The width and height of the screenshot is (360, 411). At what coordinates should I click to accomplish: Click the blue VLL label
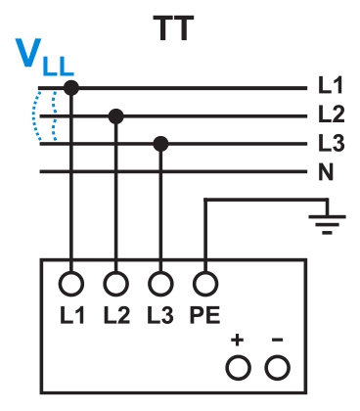[44, 62]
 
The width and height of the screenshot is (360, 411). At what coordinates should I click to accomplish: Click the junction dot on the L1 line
[70, 88]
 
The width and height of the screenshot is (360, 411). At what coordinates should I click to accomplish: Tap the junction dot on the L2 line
[116, 116]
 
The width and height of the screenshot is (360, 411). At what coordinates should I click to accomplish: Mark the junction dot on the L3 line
[161, 145]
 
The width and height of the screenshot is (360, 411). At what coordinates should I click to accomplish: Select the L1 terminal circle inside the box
[70, 284]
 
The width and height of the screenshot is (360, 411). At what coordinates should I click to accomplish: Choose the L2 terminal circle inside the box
[116, 284]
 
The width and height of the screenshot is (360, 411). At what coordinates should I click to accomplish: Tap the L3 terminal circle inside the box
[161, 284]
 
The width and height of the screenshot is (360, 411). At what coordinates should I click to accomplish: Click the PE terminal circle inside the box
[204, 284]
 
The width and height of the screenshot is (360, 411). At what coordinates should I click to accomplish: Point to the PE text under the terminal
[204, 315]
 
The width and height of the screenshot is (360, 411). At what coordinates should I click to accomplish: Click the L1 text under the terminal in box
[70, 315]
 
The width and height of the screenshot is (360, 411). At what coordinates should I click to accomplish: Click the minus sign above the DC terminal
[278, 341]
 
